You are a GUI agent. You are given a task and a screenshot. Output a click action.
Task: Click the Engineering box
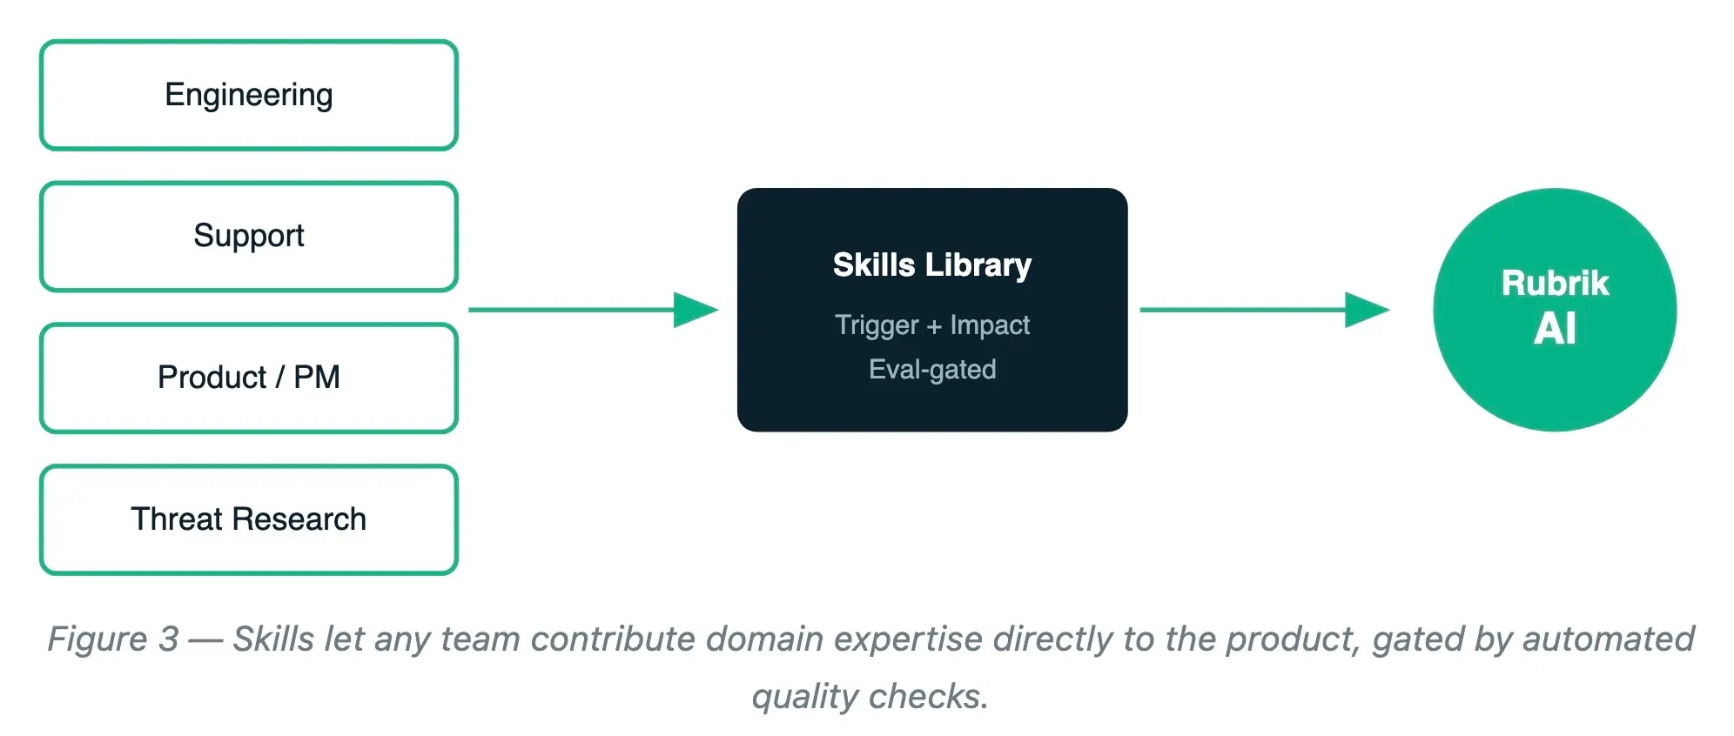point(249,95)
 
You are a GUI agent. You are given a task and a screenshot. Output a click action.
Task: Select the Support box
point(249,237)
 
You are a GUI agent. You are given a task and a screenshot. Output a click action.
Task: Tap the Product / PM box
point(249,378)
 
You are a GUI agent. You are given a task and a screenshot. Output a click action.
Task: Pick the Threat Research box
point(249,520)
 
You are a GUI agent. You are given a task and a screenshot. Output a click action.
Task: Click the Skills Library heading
point(932,265)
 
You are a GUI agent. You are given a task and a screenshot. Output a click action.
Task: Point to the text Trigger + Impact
point(932,325)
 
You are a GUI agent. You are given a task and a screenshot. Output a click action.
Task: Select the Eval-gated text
point(932,370)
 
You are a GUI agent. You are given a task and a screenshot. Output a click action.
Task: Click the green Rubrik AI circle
point(1555,310)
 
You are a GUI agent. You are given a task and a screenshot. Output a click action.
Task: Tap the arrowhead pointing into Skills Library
point(696,310)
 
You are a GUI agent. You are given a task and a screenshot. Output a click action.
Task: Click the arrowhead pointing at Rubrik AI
point(1368,310)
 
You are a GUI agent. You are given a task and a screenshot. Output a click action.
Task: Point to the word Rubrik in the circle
point(1555,283)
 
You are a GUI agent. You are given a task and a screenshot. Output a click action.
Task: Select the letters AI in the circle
point(1555,329)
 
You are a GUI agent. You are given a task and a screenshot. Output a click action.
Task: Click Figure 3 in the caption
point(113,639)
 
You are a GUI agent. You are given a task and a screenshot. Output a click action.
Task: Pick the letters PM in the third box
point(317,378)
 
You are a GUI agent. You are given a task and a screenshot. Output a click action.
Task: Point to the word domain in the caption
point(764,639)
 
